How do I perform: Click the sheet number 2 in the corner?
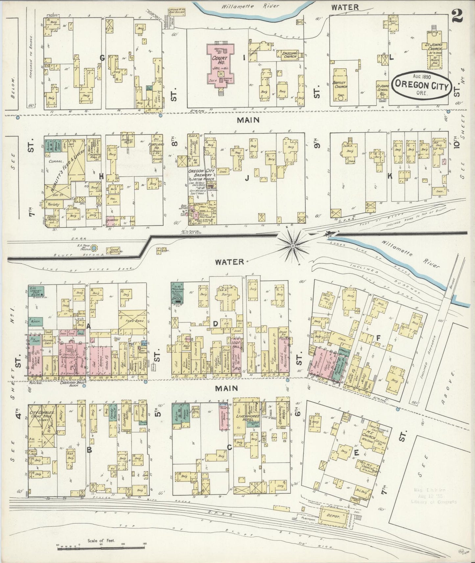tap(457, 15)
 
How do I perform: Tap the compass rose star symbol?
tap(293, 245)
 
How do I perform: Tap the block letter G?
tap(102, 58)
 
